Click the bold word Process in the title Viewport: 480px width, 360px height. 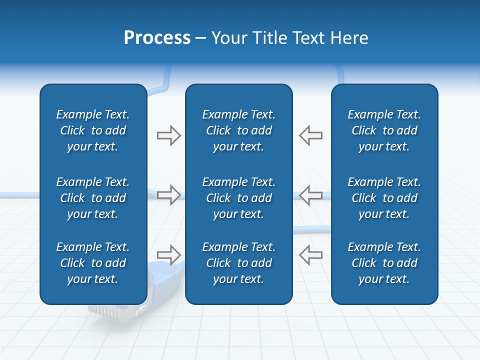[x=157, y=38]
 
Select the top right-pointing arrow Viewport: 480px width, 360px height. [x=168, y=135]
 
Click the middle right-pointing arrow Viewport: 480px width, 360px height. [x=168, y=195]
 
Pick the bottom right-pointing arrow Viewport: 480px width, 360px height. [x=168, y=254]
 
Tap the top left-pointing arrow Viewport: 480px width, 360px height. [x=310, y=135]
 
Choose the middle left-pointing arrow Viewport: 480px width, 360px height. [x=310, y=195]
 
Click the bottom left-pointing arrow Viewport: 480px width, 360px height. [x=310, y=254]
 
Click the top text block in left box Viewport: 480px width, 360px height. [x=93, y=130]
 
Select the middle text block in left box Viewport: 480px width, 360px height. [x=93, y=198]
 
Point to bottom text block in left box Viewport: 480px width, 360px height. [x=93, y=263]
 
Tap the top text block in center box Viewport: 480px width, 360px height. [x=238, y=130]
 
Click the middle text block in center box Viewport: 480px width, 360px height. [x=238, y=198]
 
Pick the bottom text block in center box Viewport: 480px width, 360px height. [x=238, y=263]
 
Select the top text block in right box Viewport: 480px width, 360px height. [x=384, y=130]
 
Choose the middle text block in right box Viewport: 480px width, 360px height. [x=384, y=198]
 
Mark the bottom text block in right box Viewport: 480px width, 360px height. [x=384, y=263]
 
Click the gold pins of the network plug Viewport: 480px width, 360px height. [x=102, y=311]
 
